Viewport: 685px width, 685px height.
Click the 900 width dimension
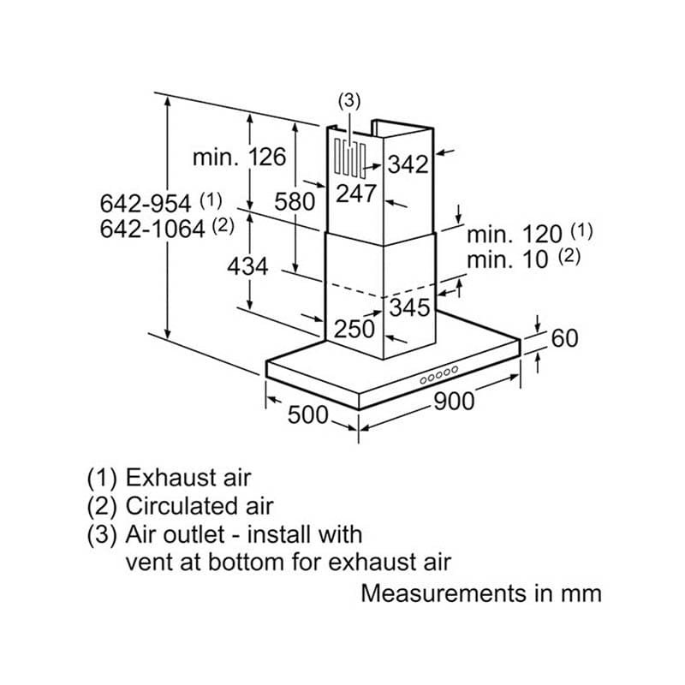pos(454,401)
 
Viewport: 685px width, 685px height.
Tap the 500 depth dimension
pos(307,414)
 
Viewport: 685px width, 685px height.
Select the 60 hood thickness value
pos(564,338)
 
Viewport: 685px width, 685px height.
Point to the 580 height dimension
pos(295,202)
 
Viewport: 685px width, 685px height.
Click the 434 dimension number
pos(247,266)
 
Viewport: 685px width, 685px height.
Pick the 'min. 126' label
pos(240,157)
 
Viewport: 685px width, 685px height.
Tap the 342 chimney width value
pos(408,164)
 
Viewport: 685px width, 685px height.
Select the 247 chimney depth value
pos(356,194)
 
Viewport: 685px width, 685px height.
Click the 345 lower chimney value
pos(409,307)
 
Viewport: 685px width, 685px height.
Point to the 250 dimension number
pos(354,329)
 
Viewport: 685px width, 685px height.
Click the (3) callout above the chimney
pos(349,101)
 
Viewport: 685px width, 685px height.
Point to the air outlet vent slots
pos(350,159)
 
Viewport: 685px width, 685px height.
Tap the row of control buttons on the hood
pos(439,375)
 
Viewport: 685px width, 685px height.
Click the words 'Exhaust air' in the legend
pos(188,478)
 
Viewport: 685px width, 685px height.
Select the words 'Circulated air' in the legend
pos(200,506)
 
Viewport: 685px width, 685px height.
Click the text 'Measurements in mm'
pos(481,593)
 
